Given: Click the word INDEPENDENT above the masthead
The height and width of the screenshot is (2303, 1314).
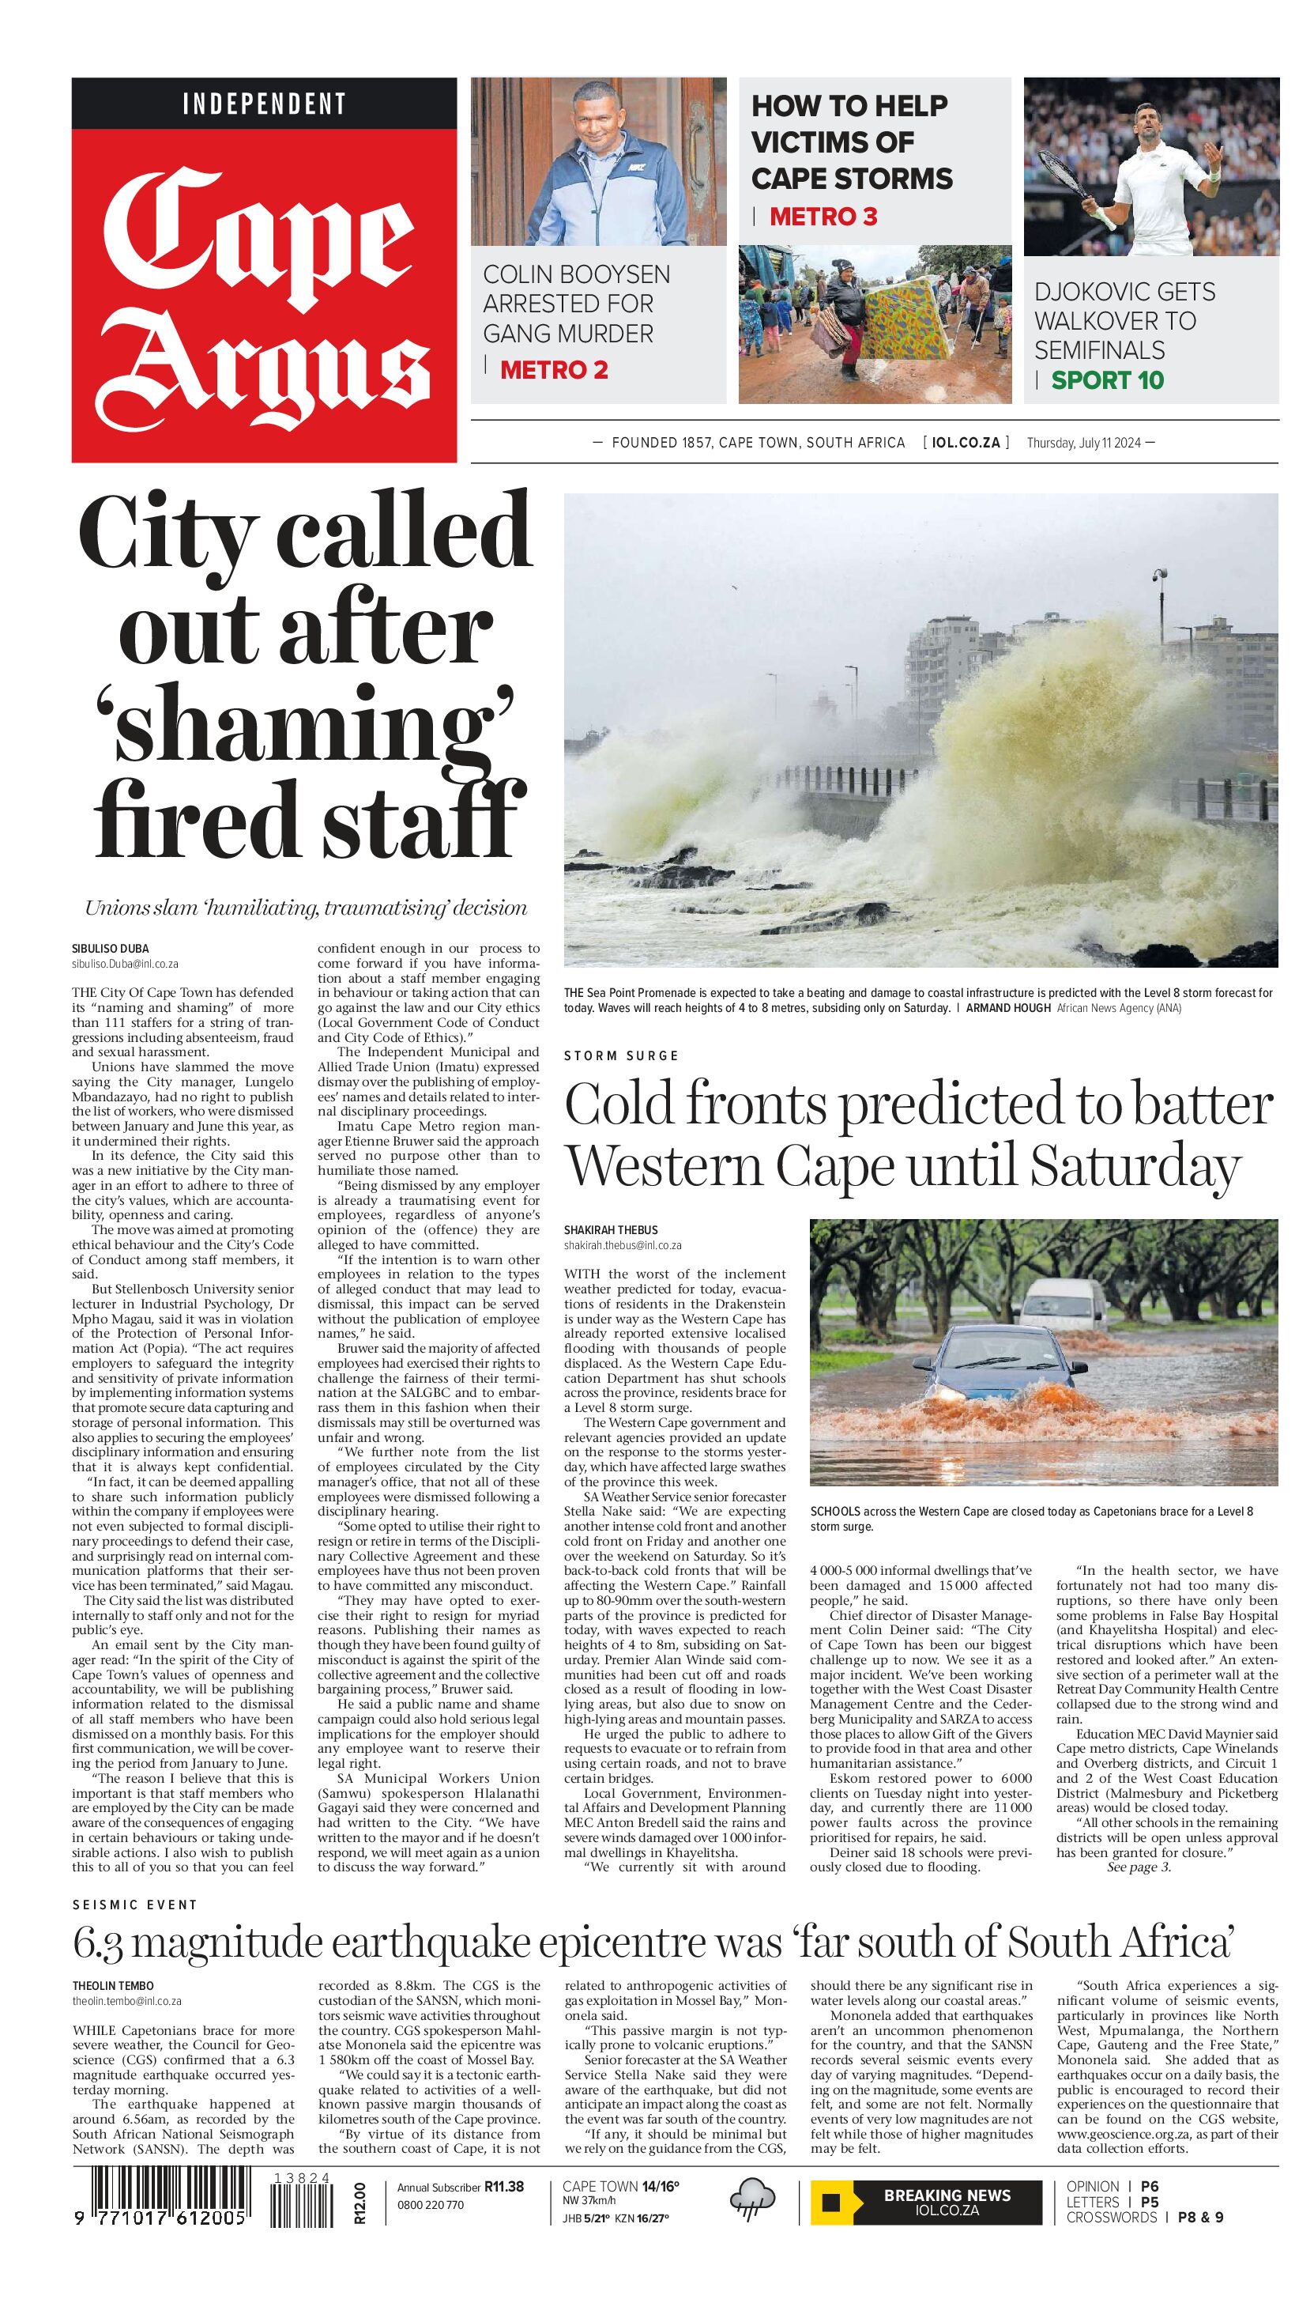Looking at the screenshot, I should pyautogui.click(x=264, y=104).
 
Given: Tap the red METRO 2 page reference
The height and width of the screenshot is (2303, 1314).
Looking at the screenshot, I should pyautogui.click(x=553, y=370).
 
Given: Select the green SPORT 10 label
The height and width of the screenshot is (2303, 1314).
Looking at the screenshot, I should pyautogui.click(x=1107, y=380).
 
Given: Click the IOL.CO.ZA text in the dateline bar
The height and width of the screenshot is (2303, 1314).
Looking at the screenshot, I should pyautogui.click(x=966, y=443).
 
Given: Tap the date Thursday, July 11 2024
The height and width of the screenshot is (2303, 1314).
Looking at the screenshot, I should pyautogui.click(x=1084, y=443).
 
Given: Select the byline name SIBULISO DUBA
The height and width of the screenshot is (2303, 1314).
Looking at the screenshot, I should pyautogui.click(x=110, y=949).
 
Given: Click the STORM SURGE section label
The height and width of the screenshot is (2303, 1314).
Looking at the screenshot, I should pyautogui.click(x=621, y=1055).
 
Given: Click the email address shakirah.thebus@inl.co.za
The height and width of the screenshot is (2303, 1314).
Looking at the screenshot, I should pyautogui.click(x=622, y=1245).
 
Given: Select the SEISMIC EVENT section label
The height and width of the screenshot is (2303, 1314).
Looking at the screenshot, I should pyautogui.click(x=134, y=1904).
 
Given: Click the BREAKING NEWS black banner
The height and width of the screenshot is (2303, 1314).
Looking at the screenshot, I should pyautogui.click(x=947, y=2202).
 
